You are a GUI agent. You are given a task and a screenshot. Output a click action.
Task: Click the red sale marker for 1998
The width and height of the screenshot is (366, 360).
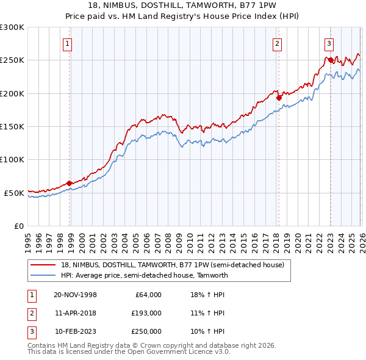pos(70,183)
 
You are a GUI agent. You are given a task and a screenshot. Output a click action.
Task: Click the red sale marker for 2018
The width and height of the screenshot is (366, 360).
pos(278,97)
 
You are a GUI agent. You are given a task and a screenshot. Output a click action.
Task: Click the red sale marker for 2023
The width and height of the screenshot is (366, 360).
pos(330,60)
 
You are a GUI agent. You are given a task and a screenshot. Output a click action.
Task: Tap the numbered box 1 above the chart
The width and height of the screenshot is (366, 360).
pos(66,43)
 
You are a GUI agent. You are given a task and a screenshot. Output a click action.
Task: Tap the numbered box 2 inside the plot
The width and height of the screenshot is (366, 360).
pos(277,43)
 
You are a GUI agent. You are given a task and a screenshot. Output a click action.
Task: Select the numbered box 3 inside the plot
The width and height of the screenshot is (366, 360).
pos(329,43)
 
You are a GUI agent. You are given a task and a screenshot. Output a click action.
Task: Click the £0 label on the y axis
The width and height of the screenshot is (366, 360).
pos(19,226)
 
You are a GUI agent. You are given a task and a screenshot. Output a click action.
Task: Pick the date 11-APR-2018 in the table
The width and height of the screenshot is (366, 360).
pos(75,313)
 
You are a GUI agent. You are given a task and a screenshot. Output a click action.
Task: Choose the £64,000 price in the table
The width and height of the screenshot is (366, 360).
pos(148,295)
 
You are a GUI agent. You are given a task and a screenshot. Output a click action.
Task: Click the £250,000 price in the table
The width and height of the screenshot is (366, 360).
pos(146,331)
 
